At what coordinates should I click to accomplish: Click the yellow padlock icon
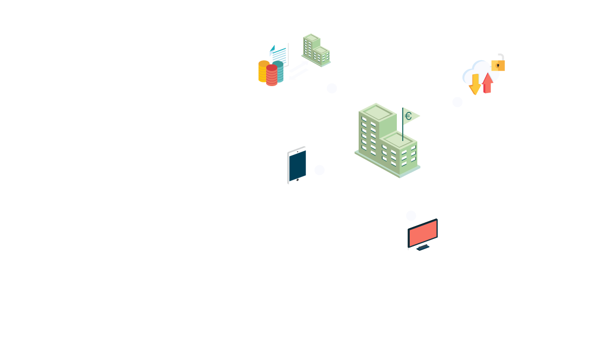tap(498, 63)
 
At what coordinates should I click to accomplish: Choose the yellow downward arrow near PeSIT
tap(475, 83)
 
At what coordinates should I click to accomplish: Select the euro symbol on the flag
tap(409, 116)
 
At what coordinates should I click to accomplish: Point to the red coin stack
tap(272, 75)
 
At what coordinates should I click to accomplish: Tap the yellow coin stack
tap(263, 70)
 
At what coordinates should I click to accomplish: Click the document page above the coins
tap(279, 53)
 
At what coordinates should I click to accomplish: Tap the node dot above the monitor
tap(410, 216)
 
